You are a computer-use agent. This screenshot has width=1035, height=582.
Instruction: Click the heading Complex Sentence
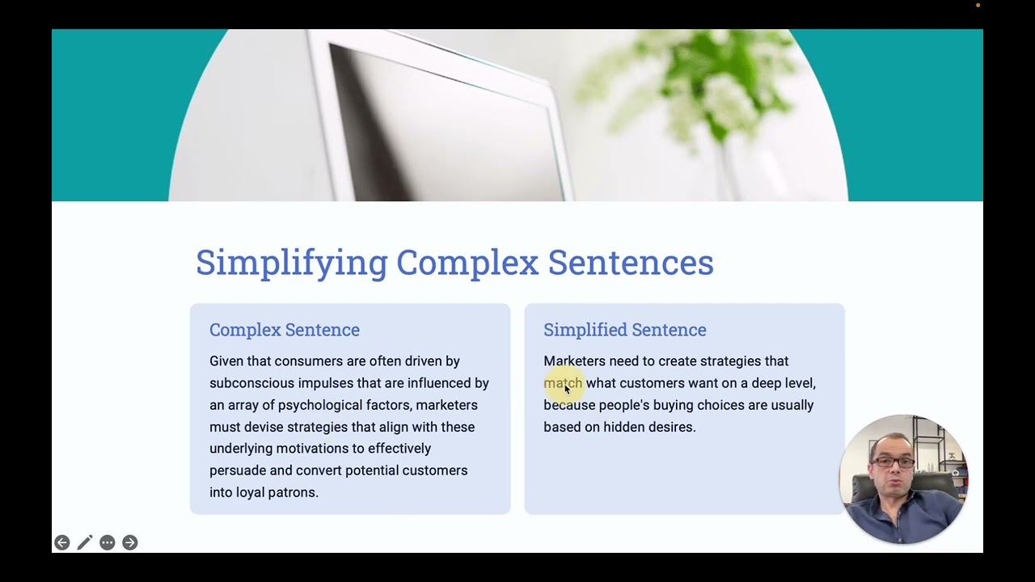coord(285,330)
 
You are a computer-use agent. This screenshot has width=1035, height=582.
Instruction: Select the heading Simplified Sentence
coord(624,330)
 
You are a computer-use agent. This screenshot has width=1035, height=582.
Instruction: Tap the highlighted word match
coord(563,383)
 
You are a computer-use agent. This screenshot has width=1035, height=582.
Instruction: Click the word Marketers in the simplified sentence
coord(574,361)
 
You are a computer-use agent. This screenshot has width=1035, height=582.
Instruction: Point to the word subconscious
coord(251,383)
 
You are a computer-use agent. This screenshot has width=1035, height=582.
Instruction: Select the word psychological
coord(320,405)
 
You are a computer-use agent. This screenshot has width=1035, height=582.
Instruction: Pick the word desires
coord(671,427)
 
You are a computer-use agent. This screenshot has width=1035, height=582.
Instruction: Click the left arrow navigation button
coord(62,542)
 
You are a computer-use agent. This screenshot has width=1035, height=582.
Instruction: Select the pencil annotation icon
coord(85,542)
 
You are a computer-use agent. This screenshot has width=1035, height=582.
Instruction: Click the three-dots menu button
coord(108,542)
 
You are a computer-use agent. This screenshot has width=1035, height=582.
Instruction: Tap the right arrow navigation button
coord(130,542)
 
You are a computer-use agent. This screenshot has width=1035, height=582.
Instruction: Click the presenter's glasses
coord(893,462)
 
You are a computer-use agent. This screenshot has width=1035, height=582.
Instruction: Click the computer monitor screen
coord(445,121)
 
